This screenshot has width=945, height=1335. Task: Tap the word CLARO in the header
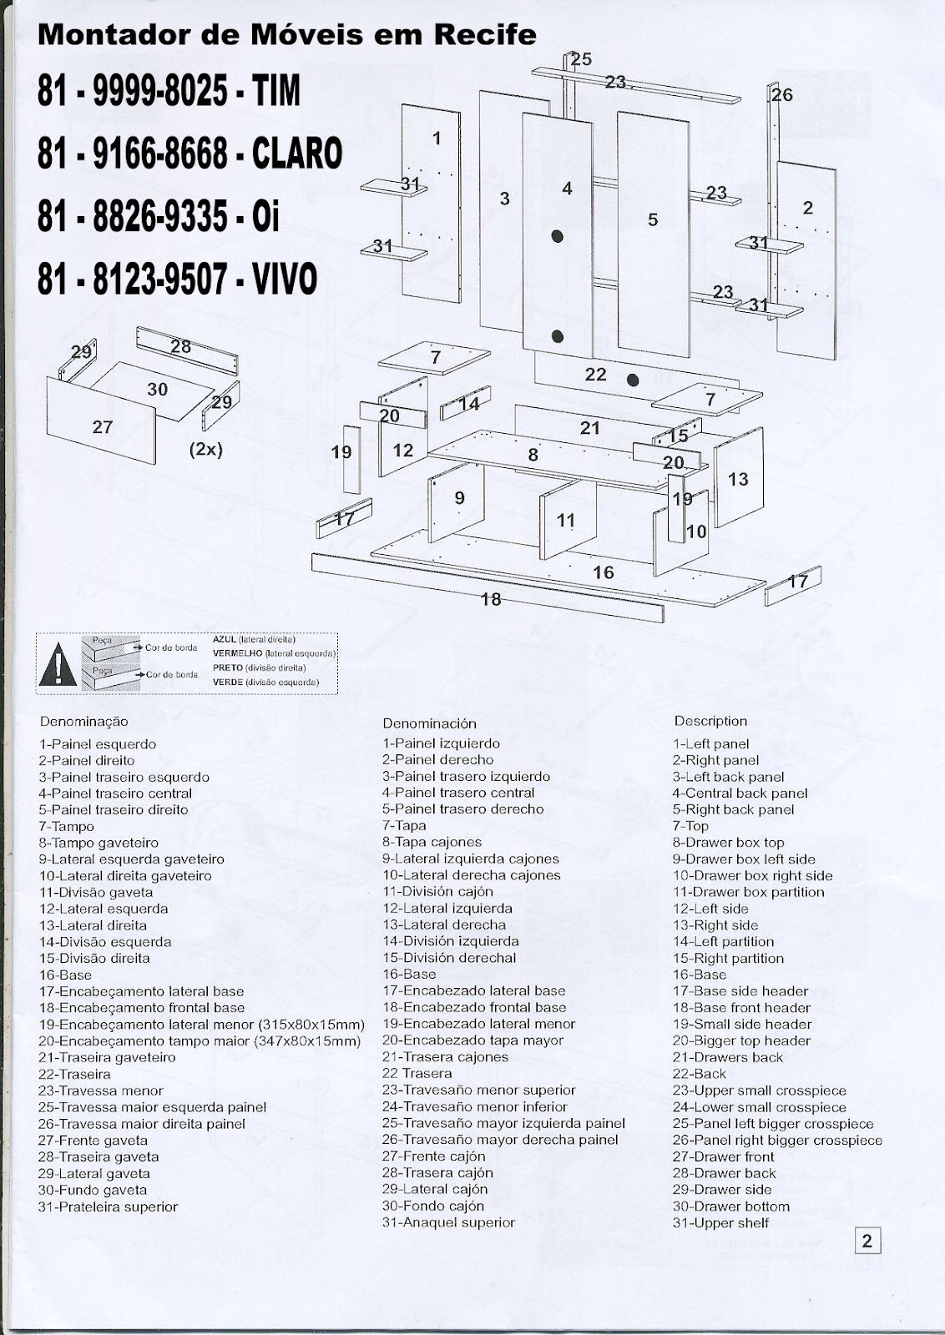[296, 154]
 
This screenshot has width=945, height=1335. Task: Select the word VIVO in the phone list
[285, 280]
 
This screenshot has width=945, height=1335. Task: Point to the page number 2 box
[867, 1241]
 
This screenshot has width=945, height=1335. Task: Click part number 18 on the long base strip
[491, 598]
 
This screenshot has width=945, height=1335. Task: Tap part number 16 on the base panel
[603, 572]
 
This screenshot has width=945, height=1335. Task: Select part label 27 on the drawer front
[103, 427]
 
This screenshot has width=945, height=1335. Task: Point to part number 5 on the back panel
[653, 219]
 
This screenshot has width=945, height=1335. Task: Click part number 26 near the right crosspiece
[781, 95]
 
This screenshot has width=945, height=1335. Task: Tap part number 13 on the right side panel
[738, 479]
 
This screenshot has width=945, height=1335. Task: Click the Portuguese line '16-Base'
[65, 975]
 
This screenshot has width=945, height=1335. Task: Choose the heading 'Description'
[710, 721]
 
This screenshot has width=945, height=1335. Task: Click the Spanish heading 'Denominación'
[429, 723]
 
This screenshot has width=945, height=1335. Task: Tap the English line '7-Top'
[690, 826]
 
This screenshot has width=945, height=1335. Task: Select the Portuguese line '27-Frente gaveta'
[93, 1140]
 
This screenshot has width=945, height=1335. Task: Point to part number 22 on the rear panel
[595, 375]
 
